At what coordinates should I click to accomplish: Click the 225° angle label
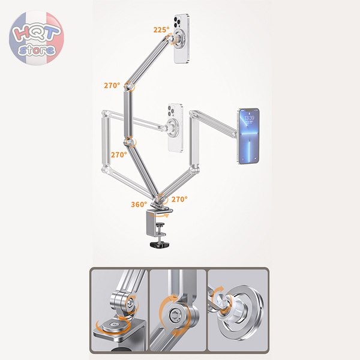tap(161, 29)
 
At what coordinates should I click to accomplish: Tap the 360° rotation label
tap(139, 205)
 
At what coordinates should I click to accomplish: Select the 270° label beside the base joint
tap(179, 199)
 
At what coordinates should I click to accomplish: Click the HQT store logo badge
tap(37, 38)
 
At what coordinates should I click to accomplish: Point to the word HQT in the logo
tap(37, 32)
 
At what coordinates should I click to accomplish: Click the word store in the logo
tap(37, 50)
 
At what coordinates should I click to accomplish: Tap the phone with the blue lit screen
tap(248, 136)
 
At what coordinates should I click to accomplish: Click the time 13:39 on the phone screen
tap(249, 118)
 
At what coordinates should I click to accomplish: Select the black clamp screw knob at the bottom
tap(161, 244)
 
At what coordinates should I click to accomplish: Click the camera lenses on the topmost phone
tap(178, 22)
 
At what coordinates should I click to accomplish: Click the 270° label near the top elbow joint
tap(112, 85)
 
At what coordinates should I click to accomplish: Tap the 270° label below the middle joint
tap(119, 155)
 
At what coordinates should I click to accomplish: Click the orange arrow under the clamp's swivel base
tap(160, 215)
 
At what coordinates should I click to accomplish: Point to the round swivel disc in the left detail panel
tap(113, 325)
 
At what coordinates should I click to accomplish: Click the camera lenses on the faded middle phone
tap(172, 111)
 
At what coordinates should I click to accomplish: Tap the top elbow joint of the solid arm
tap(129, 86)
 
